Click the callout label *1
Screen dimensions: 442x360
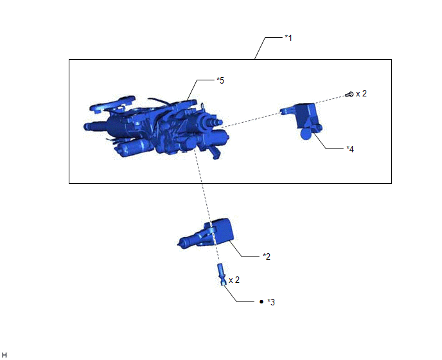click(x=288, y=38)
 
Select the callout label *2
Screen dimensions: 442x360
click(x=267, y=256)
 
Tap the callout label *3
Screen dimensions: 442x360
click(x=271, y=302)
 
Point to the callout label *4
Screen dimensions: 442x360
click(x=350, y=149)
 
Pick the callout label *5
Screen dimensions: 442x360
click(x=220, y=80)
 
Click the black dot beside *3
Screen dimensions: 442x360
click(x=261, y=302)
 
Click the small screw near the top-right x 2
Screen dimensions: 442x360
click(x=349, y=94)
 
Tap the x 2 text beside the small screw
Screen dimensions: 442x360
click(x=361, y=93)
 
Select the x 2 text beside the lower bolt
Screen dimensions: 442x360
click(x=234, y=280)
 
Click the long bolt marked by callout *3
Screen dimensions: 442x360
click(x=221, y=274)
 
